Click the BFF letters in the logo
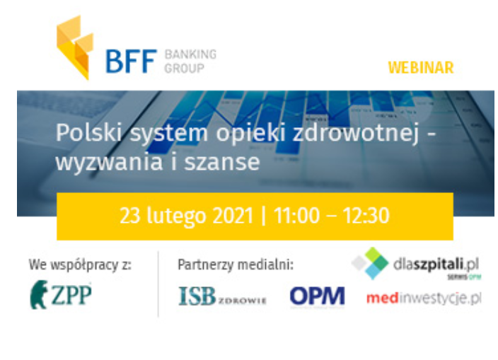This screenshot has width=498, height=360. (129, 61)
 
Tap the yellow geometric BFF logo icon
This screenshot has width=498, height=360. (74, 47)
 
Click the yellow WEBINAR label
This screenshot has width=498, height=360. (420, 68)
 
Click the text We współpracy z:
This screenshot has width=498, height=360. (80, 265)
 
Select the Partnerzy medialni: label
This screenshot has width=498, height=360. (235, 265)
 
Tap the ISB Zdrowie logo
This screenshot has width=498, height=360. (222, 297)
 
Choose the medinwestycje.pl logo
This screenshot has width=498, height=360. (423, 298)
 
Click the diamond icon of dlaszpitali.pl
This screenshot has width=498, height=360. (370, 263)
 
